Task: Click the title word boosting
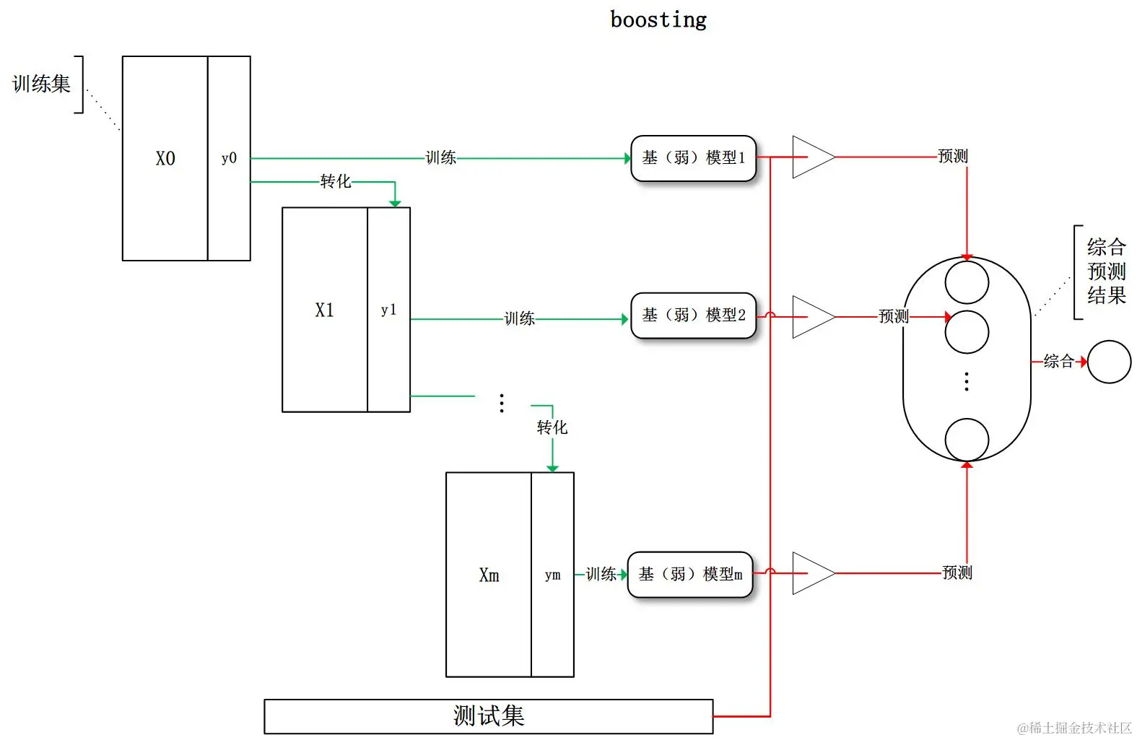(x=658, y=20)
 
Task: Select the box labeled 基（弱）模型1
(x=693, y=158)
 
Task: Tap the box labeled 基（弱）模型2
(x=693, y=315)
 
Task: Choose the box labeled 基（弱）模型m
(x=690, y=575)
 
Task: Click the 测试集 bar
(x=488, y=716)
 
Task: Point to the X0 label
(x=165, y=159)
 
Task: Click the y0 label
(x=229, y=159)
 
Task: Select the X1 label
(x=325, y=310)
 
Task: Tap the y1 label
(x=388, y=310)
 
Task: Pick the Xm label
(x=489, y=575)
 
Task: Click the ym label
(x=552, y=575)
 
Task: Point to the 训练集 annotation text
(x=41, y=84)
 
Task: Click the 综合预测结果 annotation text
(x=1106, y=271)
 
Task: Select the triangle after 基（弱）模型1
(x=811, y=157)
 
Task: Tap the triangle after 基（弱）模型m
(x=811, y=573)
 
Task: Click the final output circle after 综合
(x=1109, y=362)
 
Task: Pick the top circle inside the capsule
(x=967, y=282)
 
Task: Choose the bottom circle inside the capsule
(x=967, y=439)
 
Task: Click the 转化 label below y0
(x=336, y=181)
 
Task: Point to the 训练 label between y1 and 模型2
(x=519, y=318)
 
